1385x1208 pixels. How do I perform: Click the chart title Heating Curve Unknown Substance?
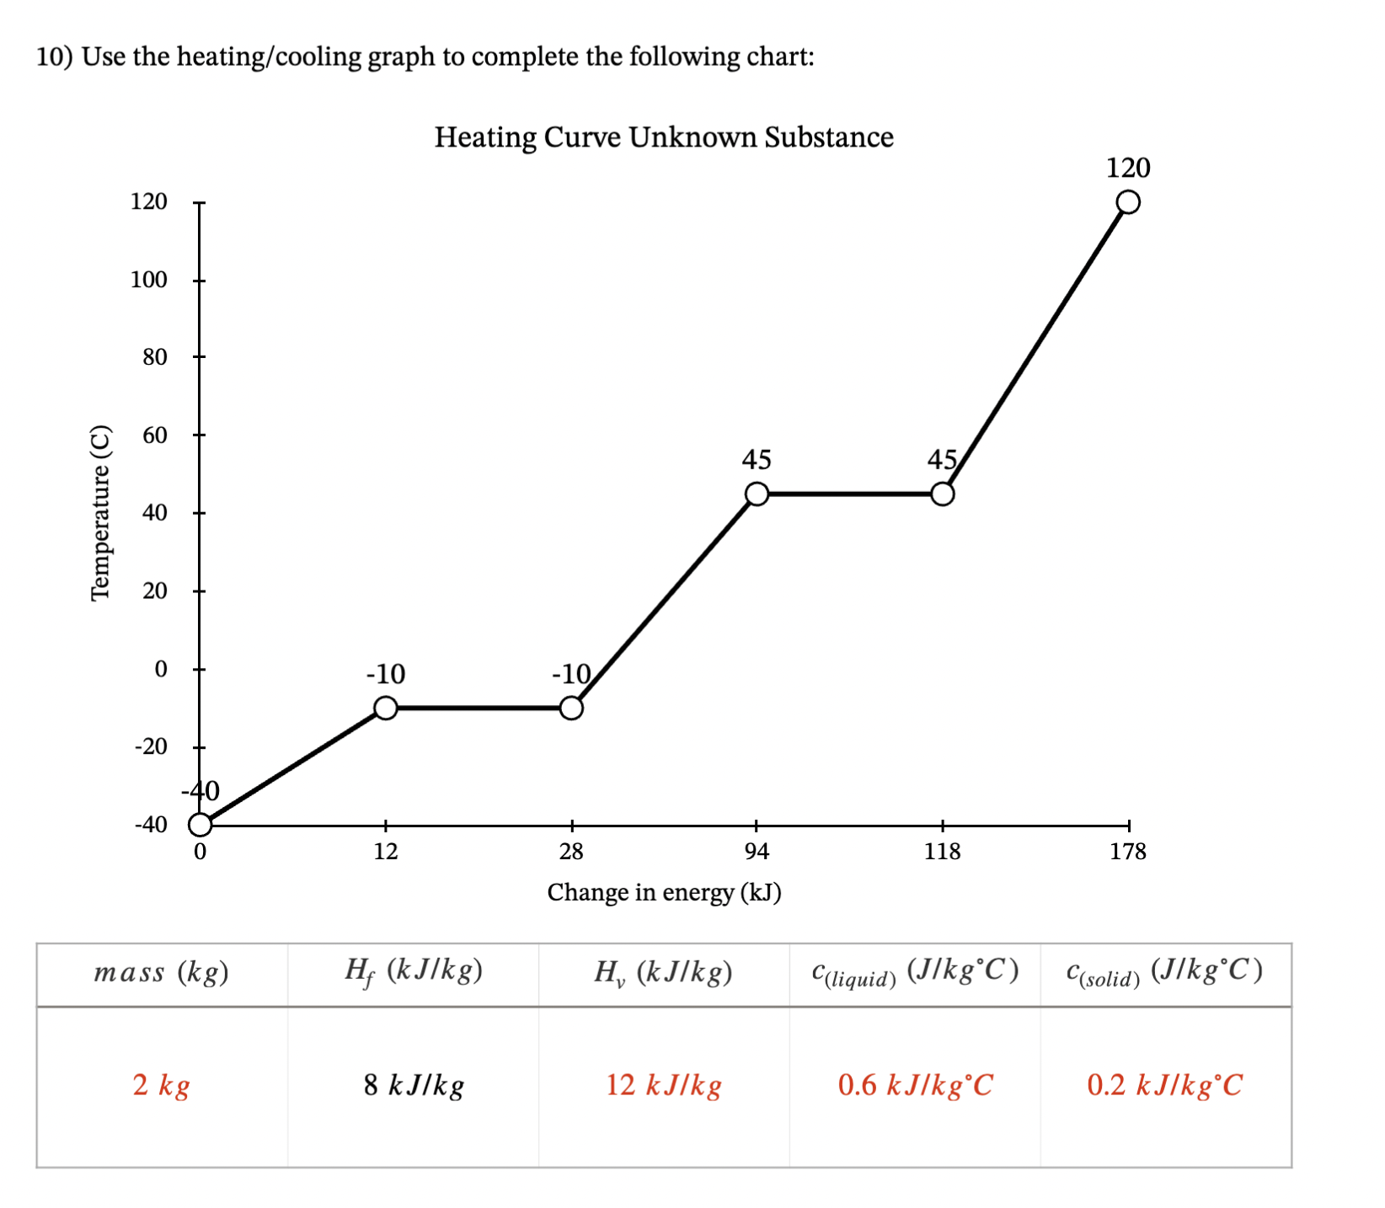click(x=664, y=136)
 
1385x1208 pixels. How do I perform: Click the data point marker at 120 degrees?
click(x=1127, y=202)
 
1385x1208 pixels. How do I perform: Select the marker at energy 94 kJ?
click(x=757, y=494)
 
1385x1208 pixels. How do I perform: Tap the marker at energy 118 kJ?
click(x=942, y=494)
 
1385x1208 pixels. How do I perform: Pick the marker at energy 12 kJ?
click(x=385, y=708)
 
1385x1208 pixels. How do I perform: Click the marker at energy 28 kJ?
click(x=571, y=708)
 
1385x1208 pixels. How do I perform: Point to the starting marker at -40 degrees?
click(x=200, y=824)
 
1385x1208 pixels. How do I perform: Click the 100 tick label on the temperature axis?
click(x=149, y=280)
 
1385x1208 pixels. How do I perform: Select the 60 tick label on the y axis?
click(x=155, y=436)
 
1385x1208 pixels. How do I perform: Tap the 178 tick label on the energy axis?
click(x=1127, y=852)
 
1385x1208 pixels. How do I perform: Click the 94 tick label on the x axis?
click(x=757, y=852)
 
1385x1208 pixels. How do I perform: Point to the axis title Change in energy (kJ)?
click(x=664, y=892)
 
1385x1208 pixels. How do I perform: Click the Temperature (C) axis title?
click(x=100, y=513)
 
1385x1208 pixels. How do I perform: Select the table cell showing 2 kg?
click(x=162, y=1085)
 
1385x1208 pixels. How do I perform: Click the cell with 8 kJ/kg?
click(x=414, y=1085)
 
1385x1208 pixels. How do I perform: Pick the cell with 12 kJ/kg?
click(x=664, y=1085)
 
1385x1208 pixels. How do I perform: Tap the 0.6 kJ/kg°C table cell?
click(x=915, y=1085)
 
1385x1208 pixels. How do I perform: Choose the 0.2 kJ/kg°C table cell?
click(x=1165, y=1085)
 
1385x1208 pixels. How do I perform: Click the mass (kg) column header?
click(x=162, y=972)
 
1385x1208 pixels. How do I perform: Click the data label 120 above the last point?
click(x=1127, y=168)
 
